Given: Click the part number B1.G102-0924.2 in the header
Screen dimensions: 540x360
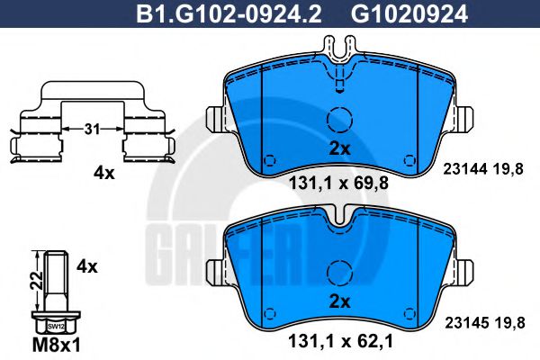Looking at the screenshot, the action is (229, 14).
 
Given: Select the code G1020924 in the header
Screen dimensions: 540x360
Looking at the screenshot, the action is (409, 14).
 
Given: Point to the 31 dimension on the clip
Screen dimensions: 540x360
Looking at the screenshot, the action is (93, 130).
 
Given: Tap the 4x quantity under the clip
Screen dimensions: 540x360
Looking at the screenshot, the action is (103, 174).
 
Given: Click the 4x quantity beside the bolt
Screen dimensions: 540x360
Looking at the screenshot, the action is (86, 266).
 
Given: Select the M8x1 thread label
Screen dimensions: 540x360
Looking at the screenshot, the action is (57, 345).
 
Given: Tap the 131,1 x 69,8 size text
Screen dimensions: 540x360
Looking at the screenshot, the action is (338, 183).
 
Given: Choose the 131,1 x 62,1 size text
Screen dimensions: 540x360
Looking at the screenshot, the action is (340, 342).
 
